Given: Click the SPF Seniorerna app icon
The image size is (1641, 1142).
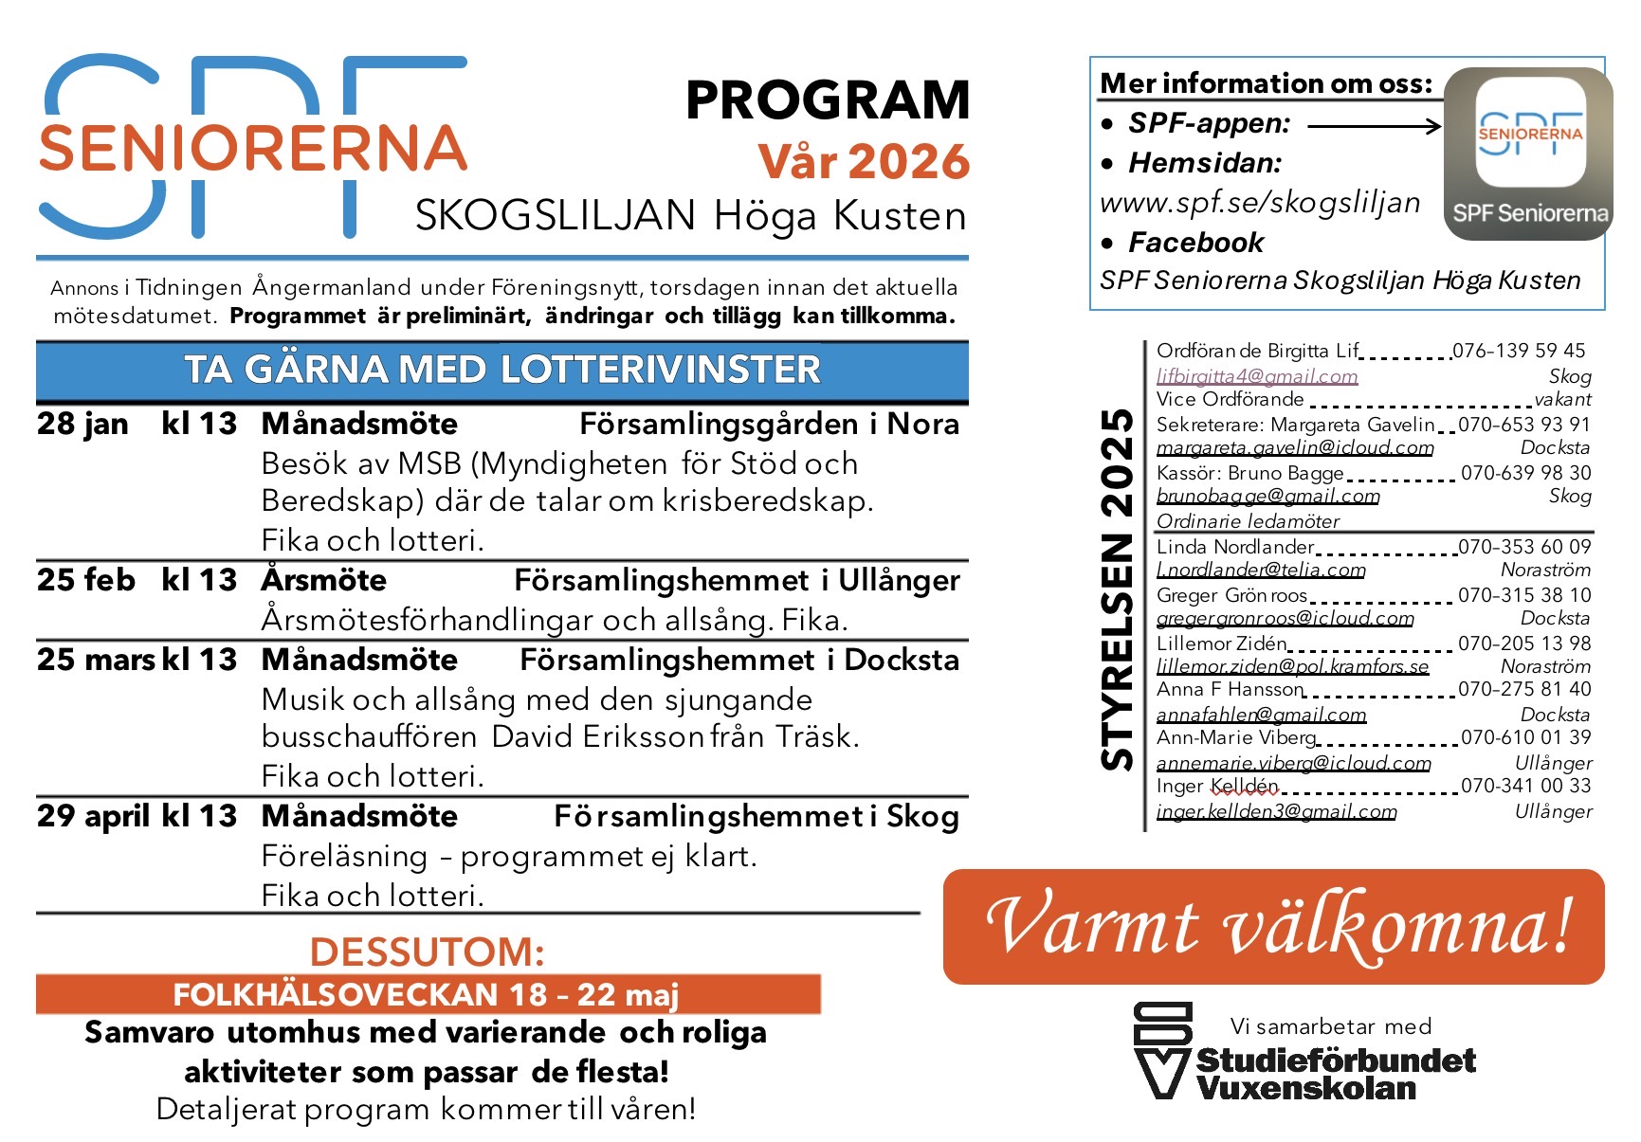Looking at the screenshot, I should [1527, 152].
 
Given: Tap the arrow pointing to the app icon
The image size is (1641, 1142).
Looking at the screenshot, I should [1374, 126].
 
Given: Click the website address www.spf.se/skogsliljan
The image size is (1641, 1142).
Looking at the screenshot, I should [1260, 203].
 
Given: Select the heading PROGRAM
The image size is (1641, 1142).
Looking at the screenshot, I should [827, 100].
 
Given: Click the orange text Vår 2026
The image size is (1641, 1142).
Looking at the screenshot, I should [863, 161].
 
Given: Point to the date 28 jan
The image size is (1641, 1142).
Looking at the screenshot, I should [82, 424].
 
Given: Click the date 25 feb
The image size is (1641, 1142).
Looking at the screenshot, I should [85, 580].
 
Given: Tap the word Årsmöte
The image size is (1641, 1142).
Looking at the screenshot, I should [324, 580].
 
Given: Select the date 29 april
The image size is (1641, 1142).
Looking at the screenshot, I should [93, 816].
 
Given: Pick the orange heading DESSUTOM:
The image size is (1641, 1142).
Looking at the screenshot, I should [427, 952].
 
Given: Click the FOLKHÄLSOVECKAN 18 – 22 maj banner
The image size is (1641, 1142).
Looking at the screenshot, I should [428, 994].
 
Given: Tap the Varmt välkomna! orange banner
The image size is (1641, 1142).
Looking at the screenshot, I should [1273, 926].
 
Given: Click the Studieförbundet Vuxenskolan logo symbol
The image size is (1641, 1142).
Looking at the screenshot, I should [1162, 1049].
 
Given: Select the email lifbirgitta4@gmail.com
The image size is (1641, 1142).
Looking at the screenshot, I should [1257, 376].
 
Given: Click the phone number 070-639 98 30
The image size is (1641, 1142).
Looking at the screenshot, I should [1525, 472].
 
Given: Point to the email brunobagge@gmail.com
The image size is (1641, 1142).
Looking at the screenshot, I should [1267, 496].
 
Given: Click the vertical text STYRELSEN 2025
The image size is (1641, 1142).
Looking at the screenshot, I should [1118, 588].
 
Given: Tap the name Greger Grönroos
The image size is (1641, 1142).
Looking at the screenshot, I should [1231, 595].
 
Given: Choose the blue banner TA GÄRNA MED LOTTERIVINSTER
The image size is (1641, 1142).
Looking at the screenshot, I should [501, 370].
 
